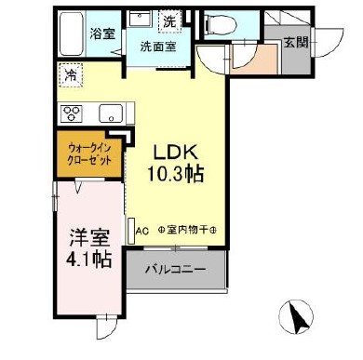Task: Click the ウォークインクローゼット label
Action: (x=90, y=153)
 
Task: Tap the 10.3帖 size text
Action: (x=174, y=173)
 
